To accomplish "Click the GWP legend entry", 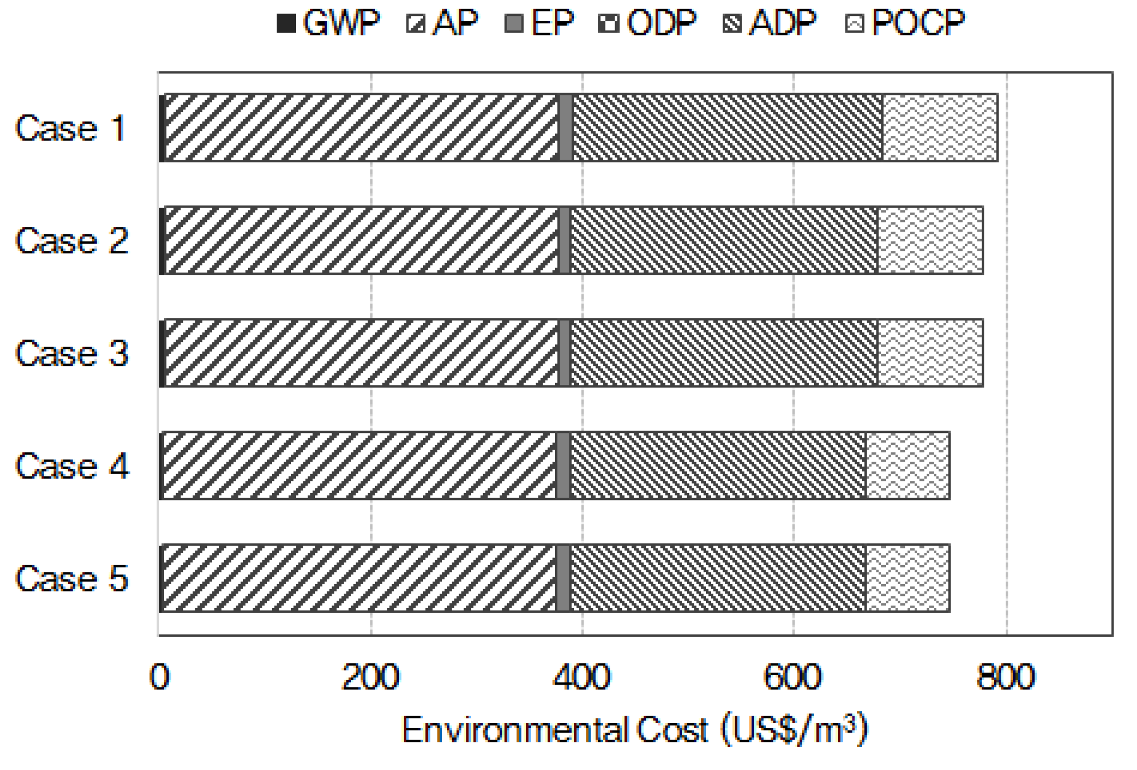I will pos(327,23).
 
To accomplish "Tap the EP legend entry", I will pos(538,23).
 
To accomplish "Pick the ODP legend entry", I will pos(646,23).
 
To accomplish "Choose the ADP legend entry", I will pos(769,23).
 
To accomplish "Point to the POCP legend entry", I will pos(904,23).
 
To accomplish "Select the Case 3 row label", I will pos(72,353).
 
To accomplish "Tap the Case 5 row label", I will pos(72,578).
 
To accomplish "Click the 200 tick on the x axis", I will pos(370,677).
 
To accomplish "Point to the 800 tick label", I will pos(1006,677).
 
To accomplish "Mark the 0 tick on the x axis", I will pos(160,677).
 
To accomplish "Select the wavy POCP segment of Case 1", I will pos(940,128).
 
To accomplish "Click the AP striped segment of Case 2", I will pos(362,241).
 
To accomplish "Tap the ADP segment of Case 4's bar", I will pos(717,465).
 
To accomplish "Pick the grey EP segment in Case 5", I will pos(563,578).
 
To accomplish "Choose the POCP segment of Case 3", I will pos(930,353).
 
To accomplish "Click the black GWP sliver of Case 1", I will pos(162,128).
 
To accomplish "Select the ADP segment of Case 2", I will pos(724,241).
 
